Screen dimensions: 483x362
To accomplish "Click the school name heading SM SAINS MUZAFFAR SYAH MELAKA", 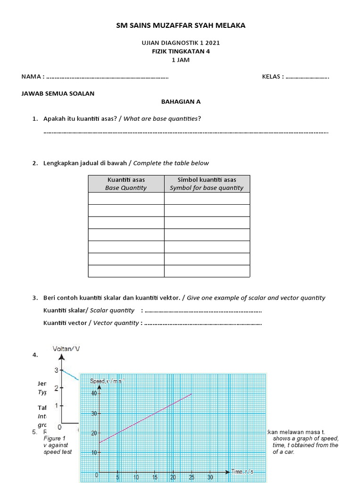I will click(x=181, y=25).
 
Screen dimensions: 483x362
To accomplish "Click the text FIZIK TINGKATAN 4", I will click(x=181, y=51).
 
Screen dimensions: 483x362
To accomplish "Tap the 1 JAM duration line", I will click(x=181, y=60).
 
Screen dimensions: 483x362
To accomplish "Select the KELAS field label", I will click(x=273, y=77).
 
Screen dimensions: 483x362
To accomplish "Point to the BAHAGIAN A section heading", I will click(x=181, y=101).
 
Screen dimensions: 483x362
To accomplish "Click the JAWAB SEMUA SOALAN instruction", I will click(x=58, y=93).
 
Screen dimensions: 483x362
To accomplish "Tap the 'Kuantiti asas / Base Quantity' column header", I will click(x=126, y=183).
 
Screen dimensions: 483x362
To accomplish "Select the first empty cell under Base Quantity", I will click(x=126, y=199).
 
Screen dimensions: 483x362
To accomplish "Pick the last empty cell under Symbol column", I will click(x=206, y=271).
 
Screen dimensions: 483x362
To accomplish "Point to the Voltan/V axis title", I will click(x=66, y=349).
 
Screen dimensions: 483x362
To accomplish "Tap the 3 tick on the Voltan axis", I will click(x=56, y=370).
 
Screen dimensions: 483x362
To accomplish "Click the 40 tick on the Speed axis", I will click(x=93, y=393).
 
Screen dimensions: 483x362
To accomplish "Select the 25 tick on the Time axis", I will click(x=191, y=477).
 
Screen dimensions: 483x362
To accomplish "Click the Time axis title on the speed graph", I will click(x=243, y=471).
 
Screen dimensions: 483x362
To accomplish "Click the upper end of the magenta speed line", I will click(x=191, y=394).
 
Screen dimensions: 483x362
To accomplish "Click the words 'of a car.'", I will click(x=283, y=452).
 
